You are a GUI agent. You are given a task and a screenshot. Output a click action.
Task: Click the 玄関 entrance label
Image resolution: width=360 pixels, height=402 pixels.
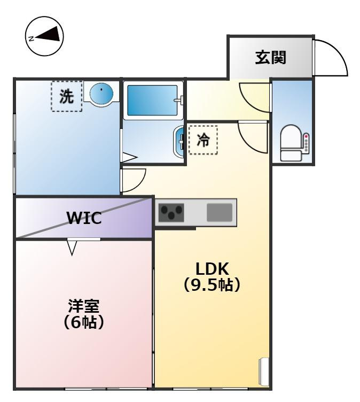pyautogui.click(x=271, y=57)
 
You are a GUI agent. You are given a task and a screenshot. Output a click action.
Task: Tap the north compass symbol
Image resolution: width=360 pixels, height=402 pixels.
pyautogui.click(x=44, y=36)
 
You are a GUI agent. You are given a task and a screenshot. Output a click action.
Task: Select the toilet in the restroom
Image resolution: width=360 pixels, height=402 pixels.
pyautogui.click(x=291, y=143)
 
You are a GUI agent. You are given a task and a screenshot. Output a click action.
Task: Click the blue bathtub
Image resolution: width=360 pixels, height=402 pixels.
pyautogui.click(x=152, y=100)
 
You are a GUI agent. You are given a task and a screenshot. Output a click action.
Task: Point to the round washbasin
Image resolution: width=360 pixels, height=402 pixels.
pyautogui.click(x=101, y=94)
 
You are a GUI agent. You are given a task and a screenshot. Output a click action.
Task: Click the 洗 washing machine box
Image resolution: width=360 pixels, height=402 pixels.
pyautogui.click(x=67, y=96)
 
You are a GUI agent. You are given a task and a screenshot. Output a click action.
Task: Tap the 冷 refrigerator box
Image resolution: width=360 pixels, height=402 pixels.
pyautogui.click(x=203, y=140)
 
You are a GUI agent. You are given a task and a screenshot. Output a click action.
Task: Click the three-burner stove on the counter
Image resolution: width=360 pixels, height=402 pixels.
pyautogui.click(x=171, y=213)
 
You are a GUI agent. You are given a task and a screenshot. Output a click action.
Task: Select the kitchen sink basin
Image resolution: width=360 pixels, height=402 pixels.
pyautogui.click(x=220, y=213)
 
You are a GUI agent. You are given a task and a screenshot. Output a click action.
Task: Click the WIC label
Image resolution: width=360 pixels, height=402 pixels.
pyautogui.click(x=84, y=218)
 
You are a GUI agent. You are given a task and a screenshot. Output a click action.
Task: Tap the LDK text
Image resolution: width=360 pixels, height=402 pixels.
pyautogui.click(x=212, y=269)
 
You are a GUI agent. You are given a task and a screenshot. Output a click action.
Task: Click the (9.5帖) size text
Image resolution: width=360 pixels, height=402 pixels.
pyautogui.click(x=212, y=284)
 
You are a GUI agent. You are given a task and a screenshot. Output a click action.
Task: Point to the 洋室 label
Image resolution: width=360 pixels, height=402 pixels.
pyautogui.click(x=83, y=306)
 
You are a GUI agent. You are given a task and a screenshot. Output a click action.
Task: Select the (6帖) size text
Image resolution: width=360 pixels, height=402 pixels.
pyautogui.click(x=83, y=322)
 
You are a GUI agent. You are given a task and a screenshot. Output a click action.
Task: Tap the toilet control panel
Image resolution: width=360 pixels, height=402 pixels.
pyautogui.click(x=306, y=144)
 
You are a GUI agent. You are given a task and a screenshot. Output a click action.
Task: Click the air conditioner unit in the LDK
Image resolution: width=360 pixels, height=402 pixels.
pyautogui.click(x=263, y=370)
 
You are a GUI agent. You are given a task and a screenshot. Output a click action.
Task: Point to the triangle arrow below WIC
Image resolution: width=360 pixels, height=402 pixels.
pyautogui.click(x=72, y=247)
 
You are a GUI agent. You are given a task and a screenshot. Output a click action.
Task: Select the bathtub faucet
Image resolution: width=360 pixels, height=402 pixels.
pyautogui.click(x=179, y=100)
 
